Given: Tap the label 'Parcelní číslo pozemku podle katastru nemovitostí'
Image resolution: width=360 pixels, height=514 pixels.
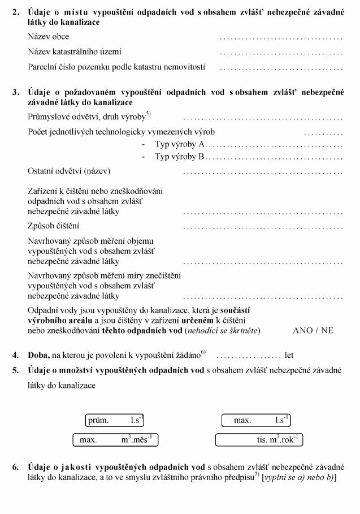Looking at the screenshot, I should click(116, 67).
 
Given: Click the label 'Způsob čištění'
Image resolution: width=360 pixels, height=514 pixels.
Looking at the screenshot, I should click(53, 226).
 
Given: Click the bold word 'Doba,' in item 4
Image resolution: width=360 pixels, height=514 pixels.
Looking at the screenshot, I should click(38, 356).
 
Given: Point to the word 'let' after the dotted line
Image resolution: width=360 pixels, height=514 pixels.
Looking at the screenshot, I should click(289, 356).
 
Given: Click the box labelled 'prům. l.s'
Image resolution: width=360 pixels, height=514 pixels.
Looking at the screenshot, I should click(115, 420).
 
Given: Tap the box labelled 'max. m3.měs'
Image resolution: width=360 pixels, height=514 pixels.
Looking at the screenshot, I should click(116, 439).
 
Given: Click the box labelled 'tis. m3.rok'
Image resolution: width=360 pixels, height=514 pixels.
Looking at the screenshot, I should click(258, 439).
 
